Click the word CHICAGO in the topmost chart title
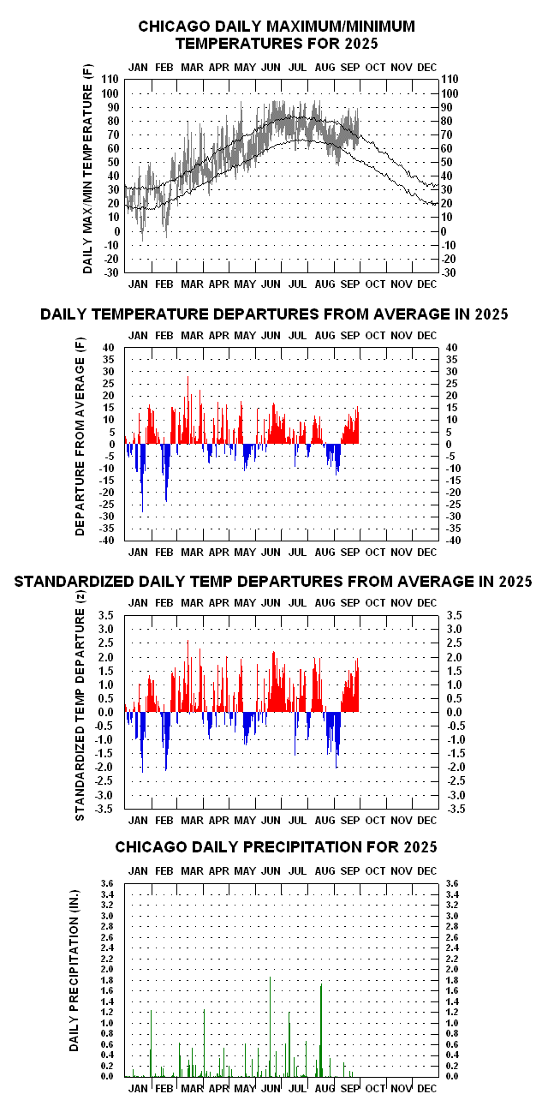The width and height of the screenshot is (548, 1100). (174, 27)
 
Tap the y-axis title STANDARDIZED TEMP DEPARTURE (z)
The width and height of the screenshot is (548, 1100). (80, 710)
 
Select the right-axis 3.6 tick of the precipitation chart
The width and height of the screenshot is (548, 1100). (450, 884)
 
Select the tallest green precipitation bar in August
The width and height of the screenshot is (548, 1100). (321, 1028)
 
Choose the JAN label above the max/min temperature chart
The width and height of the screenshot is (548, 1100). (139, 67)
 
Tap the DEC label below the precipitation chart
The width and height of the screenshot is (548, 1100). (426, 1088)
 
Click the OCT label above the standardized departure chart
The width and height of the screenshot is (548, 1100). (374, 603)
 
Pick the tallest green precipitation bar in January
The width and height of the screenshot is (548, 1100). (151, 1042)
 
